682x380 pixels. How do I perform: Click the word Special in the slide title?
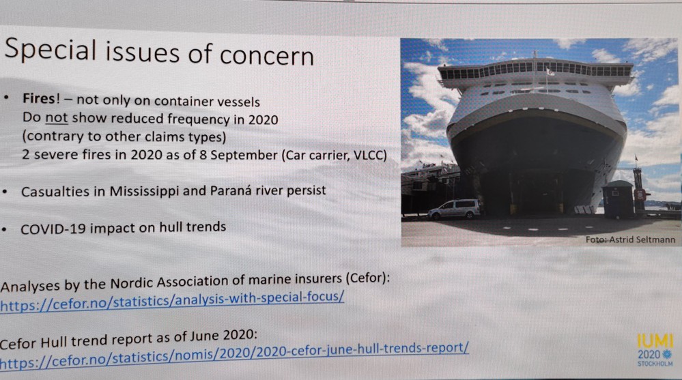click(50, 50)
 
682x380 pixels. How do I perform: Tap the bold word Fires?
click(39, 99)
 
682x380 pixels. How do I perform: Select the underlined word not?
click(57, 118)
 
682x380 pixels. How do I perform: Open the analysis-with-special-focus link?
click(172, 301)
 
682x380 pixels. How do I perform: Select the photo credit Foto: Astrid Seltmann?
click(630, 239)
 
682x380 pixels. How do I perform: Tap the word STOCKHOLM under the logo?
click(655, 364)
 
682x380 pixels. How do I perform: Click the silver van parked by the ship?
click(454, 209)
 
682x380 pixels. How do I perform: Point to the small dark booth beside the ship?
click(618, 200)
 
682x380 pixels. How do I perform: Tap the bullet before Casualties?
click(5, 192)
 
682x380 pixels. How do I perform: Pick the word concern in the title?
click(266, 56)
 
